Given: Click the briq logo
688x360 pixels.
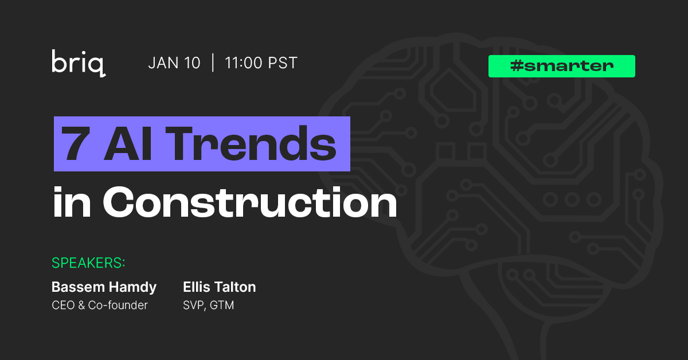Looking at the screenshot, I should pos(78,63).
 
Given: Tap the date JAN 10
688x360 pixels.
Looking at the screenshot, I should pos(174,63).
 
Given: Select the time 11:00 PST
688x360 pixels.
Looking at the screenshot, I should pos(261,63).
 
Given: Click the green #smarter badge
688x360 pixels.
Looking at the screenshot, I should pos(561,66).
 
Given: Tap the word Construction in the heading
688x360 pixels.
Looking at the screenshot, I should pos(249,202).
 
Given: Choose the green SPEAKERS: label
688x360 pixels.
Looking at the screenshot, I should pos(89,263).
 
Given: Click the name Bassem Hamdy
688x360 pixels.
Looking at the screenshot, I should pos(104,287).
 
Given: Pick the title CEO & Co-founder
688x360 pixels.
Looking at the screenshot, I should pos(100,305).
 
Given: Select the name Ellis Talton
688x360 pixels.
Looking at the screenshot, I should pos(219,287).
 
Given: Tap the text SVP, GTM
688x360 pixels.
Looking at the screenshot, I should pos(208,305).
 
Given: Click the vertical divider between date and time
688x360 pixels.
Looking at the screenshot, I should pos(213,63).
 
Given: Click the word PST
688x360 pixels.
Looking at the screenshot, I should pos(284,63).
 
